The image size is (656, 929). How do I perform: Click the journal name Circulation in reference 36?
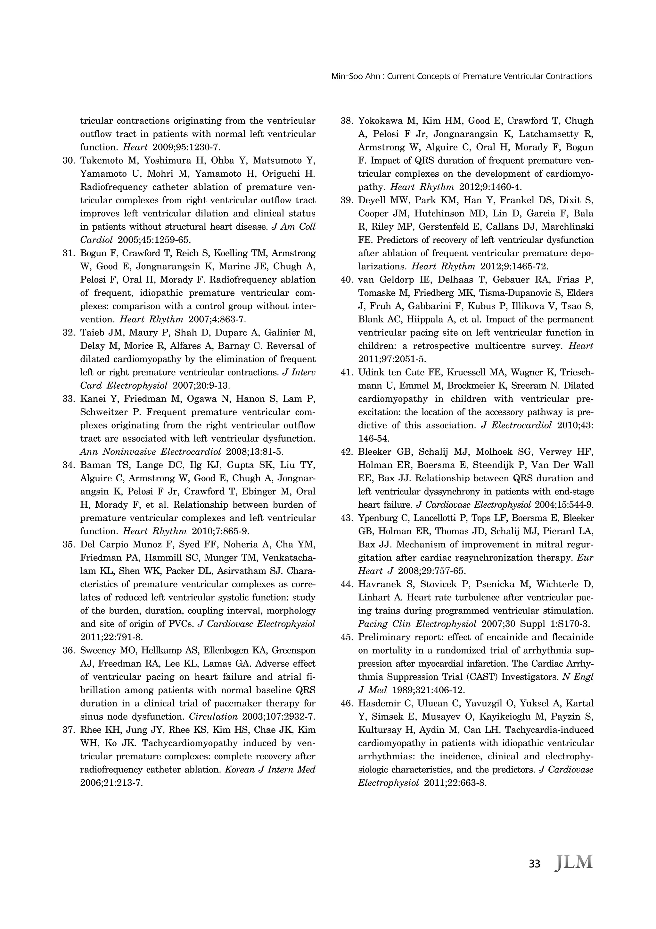(213, 717)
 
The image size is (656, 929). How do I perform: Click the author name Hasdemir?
(380, 704)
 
